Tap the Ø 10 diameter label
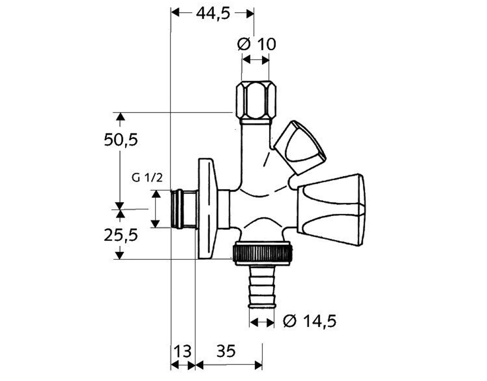(256, 44)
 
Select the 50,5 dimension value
(121, 140)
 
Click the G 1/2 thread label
(147, 178)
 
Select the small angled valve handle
(300, 147)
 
